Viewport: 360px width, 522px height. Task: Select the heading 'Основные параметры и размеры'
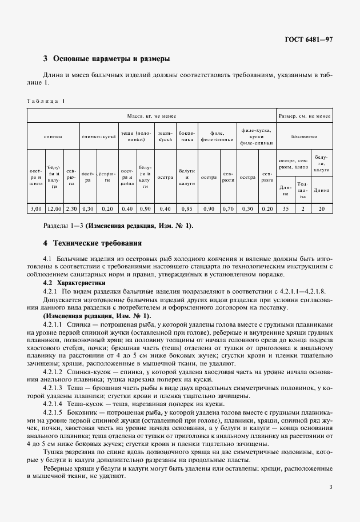(111, 59)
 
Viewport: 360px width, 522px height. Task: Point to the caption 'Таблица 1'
(46, 101)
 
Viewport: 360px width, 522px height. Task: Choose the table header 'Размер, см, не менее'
(304, 116)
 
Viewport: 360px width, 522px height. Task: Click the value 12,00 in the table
(54, 209)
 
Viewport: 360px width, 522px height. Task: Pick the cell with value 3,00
(35, 209)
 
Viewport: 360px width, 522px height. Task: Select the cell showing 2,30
(71, 209)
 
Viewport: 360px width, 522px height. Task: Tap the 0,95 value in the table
(187, 209)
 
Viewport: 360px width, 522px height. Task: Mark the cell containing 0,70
(227, 209)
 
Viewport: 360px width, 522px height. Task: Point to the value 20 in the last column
(321, 209)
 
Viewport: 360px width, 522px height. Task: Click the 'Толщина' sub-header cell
(302, 190)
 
